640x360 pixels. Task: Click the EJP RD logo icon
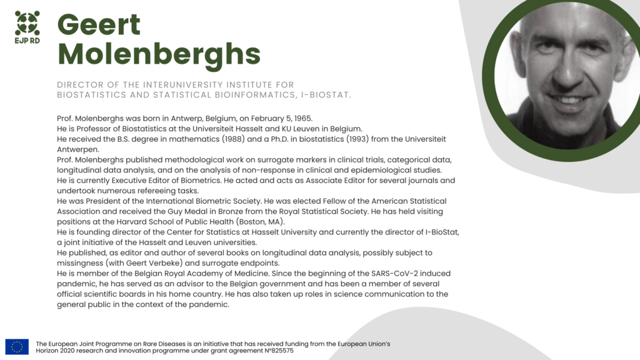click(x=27, y=22)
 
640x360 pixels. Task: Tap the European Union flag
click(x=17, y=347)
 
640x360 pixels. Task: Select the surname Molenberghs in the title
click(x=159, y=54)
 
